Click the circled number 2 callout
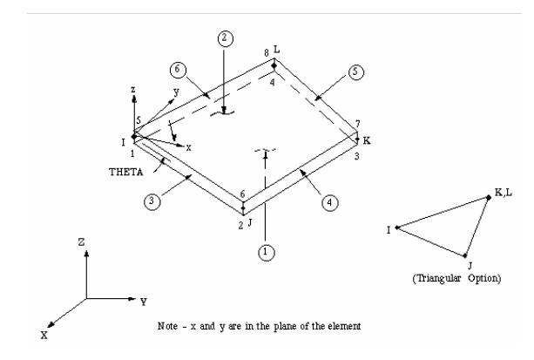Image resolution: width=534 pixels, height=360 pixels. coord(225,38)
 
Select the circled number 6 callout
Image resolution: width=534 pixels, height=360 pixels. coord(178,70)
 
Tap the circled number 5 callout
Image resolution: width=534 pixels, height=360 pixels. coord(355,72)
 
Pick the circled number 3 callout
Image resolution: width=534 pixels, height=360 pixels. coord(152,201)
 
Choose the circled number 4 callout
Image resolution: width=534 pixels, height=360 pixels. coord(329,203)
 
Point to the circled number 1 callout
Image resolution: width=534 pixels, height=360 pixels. coord(267,253)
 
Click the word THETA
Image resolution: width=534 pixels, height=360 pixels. coord(126,173)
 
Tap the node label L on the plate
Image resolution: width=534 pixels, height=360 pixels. coord(276,50)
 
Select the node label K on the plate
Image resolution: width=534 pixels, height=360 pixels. coord(367,140)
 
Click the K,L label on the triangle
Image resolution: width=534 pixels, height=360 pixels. coord(503,193)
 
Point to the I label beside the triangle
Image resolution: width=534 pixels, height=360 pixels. coord(389,230)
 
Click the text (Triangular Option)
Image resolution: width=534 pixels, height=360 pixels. coord(456,278)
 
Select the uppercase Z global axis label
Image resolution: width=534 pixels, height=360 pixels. coord(81,242)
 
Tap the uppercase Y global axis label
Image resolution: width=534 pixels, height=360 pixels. coord(144,302)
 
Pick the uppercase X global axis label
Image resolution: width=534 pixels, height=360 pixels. coord(44,335)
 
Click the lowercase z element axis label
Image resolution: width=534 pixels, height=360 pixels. coord(133,90)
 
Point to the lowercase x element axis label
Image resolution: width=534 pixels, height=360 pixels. coord(188,147)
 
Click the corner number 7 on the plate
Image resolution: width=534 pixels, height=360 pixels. coord(357,124)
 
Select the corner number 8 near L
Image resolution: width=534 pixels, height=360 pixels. coord(267,52)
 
